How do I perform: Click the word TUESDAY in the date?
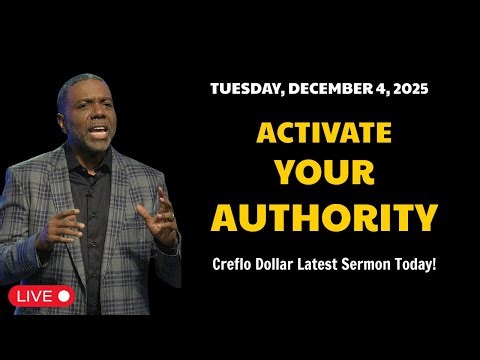247,88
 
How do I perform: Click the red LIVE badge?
41,296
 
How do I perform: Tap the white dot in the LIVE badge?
65,296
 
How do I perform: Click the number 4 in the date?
383,88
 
